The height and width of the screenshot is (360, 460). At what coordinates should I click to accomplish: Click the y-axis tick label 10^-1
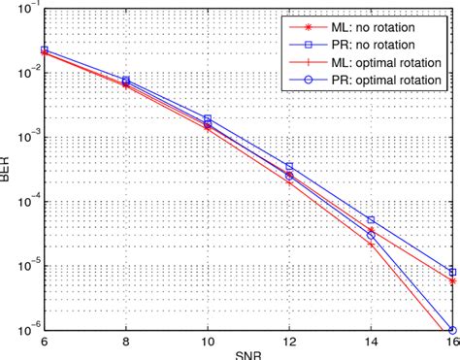(26, 9)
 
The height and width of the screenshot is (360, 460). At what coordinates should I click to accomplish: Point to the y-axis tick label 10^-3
(26, 136)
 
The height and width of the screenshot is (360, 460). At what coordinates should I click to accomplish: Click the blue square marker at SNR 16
(452, 273)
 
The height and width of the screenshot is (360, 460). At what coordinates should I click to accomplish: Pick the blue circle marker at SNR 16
(452, 330)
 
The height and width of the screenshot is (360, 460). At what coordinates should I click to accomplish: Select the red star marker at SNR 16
(452, 280)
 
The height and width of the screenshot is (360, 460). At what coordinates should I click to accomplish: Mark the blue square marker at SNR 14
(371, 220)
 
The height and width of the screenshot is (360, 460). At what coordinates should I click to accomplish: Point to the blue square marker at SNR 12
(289, 167)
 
